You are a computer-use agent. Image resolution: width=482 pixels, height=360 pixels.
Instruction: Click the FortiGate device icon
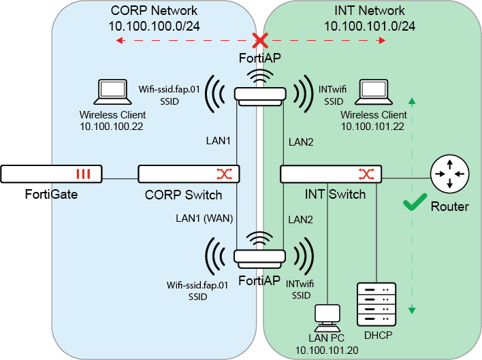[52, 174]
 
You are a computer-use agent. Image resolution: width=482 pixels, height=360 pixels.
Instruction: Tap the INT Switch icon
[331, 174]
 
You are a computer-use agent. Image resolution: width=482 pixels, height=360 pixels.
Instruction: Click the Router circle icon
[449, 175]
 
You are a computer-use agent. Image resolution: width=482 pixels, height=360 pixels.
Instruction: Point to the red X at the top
[259, 40]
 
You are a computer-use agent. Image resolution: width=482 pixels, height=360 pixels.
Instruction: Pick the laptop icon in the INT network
[373, 91]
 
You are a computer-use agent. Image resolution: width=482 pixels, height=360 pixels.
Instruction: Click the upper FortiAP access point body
[259, 95]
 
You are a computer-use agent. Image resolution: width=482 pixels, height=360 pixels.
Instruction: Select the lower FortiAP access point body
[259, 257]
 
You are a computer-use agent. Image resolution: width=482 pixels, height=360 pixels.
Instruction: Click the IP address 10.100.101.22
[373, 127]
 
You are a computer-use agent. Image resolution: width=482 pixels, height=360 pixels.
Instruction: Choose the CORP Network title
[154, 10]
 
